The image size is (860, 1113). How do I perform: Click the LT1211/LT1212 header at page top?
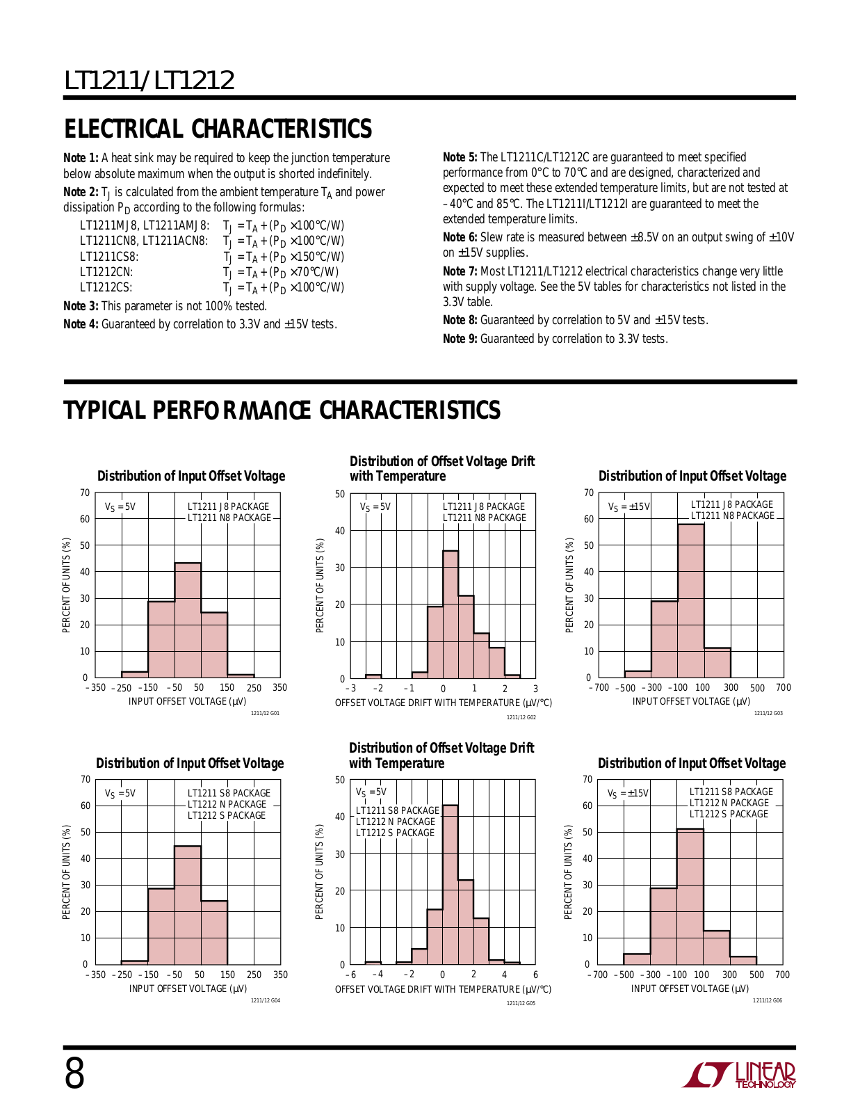point(149,81)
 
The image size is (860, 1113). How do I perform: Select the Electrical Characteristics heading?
point(218,129)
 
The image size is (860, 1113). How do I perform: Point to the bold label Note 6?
point(460,237)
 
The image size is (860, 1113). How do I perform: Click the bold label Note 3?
point(81,306)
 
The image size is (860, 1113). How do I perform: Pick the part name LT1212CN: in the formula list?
point(106,272)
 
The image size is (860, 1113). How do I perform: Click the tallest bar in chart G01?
point(188,620)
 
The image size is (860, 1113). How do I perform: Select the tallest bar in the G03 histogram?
point(691,601)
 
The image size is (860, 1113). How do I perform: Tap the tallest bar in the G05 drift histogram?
point(450,885)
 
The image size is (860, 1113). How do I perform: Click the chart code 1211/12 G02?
point(521,717)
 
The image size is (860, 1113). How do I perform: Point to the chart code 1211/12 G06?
point(768,1000)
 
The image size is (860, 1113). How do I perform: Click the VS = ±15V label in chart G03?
point(629,507)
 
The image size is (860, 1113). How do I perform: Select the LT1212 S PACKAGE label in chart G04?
point(226,815)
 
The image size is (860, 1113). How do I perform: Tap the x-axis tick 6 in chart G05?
point(535,975)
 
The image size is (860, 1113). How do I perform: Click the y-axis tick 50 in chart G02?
point(340,495)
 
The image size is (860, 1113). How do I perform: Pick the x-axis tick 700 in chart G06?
point(783,975)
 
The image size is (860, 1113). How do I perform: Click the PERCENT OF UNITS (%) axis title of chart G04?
point(66,872)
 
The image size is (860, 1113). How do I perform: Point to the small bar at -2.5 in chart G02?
point(374,676)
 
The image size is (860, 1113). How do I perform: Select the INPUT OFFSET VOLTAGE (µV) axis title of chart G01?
point(187,701)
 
